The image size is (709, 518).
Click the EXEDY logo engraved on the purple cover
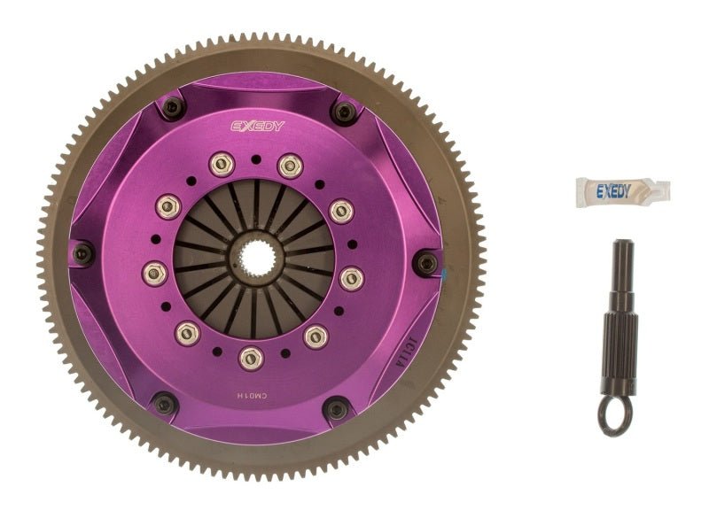point(258,126)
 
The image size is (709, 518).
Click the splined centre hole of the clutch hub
point(254,259)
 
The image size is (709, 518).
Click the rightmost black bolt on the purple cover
point(428,262)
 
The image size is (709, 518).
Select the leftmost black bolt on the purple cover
point(82,254)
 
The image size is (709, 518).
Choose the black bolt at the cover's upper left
point(173,107)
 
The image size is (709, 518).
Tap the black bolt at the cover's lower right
point(337,409)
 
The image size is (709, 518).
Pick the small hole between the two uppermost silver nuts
point(254,158)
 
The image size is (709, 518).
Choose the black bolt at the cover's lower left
point(165,405)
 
